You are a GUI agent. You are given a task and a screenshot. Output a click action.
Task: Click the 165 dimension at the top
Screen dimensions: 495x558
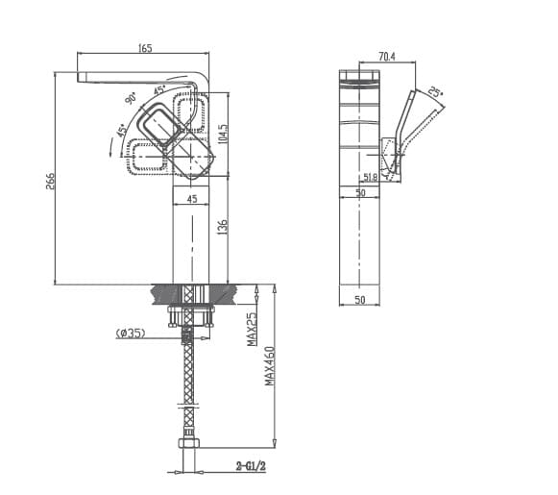(x=145, y=48)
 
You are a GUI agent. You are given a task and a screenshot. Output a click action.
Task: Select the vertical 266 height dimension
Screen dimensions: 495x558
(x=51, y=180)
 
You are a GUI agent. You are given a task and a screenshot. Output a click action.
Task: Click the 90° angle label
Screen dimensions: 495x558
(x=130, y=97)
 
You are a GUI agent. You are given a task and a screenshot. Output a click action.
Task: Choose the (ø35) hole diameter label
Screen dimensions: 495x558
(x=130, y=334)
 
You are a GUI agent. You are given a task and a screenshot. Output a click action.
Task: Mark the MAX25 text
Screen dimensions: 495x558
(x=252, y=329)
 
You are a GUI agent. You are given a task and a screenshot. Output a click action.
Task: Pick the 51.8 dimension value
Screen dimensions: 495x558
(x=370, y=177)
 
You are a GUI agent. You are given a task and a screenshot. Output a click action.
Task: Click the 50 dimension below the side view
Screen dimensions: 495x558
(x=360, y=300)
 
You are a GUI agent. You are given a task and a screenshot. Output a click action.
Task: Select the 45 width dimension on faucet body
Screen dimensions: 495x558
(x=192, y=199)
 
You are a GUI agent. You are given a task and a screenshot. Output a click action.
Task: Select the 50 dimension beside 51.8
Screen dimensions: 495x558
(x=360, y=192)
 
